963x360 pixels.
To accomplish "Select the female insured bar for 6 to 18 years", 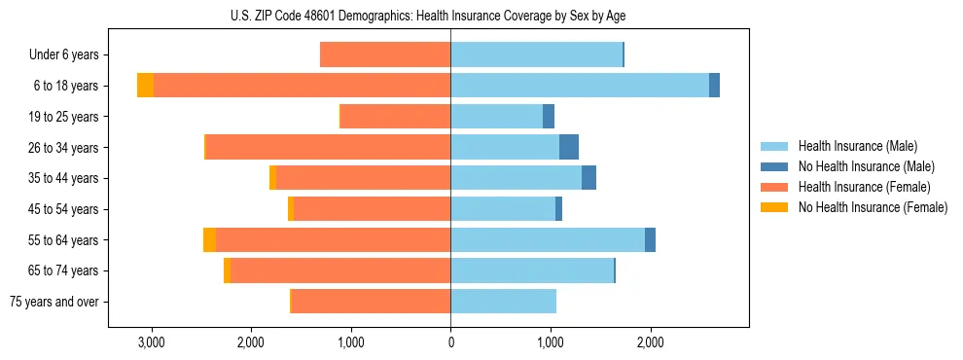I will (302, 86).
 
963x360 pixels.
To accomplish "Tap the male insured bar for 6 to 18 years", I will (579, 86).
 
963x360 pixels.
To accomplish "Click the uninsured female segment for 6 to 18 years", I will (145, 86).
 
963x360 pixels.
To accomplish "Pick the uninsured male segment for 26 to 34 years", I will (569, 147).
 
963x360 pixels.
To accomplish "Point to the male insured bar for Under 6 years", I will (536, 54).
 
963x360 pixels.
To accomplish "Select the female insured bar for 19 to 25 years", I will (395, 117).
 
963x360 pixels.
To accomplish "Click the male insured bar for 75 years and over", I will (503, 302).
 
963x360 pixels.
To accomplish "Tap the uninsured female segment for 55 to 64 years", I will (209, 240).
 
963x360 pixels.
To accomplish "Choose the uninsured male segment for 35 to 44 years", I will (588, 178).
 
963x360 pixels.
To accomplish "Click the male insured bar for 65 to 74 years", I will (532, 270).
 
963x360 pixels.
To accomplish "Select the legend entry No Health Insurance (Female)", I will (873, 207).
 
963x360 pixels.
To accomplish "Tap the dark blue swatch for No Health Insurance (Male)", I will (774, 166).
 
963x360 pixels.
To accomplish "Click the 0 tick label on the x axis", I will (450, 342).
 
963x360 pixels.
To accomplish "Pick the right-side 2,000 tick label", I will (650, 342).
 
